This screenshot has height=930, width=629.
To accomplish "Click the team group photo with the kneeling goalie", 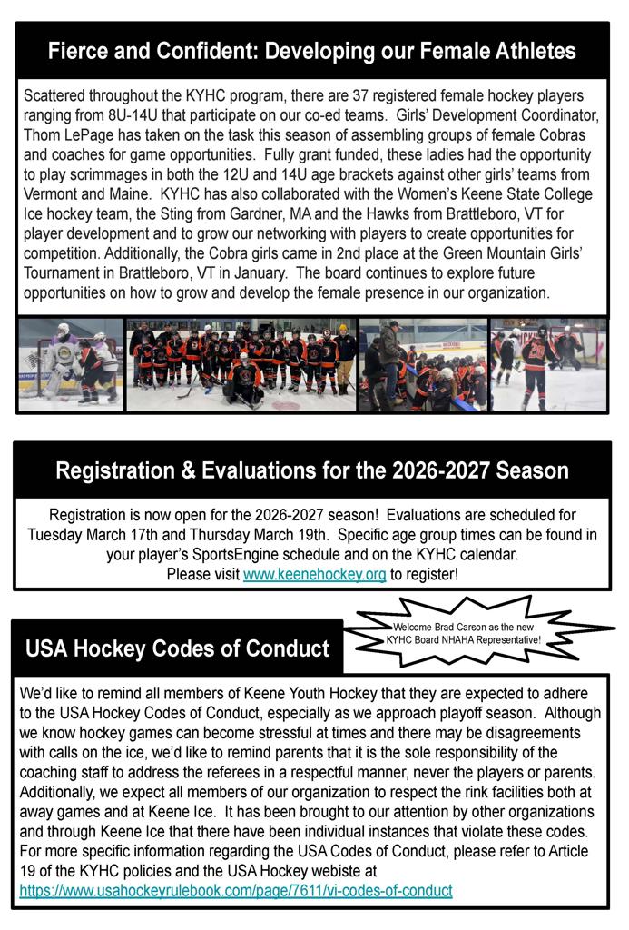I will pos(241,364).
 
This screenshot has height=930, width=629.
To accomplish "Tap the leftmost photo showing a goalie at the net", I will pos(70,364).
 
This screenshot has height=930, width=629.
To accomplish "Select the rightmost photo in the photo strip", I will pos(548,364).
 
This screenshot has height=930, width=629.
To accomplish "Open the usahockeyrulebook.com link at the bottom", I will pos(235,891).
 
